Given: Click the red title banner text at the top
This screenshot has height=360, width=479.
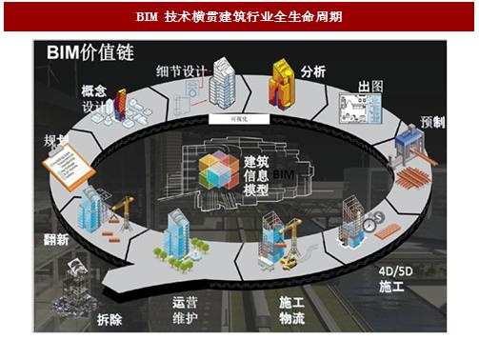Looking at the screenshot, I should pyautogui.click(x=238, y=17).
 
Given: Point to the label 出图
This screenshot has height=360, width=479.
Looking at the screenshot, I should pyautogui.click(x=369, y=87).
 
